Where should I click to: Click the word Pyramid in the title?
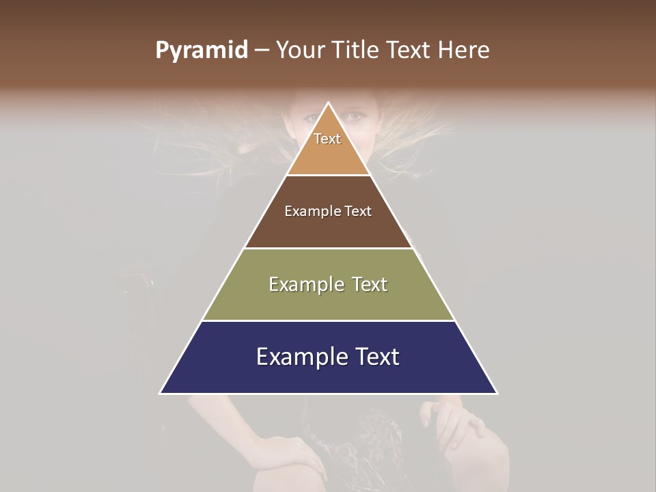tap(202, 51)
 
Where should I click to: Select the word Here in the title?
tap(465, 50)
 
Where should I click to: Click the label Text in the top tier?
tap(327, 139)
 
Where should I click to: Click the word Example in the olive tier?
tap(304, 284)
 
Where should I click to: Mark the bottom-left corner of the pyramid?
tap(161, 394)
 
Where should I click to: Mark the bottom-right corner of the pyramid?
tap(497, 394)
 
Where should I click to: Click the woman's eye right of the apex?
tap(354, 117)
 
